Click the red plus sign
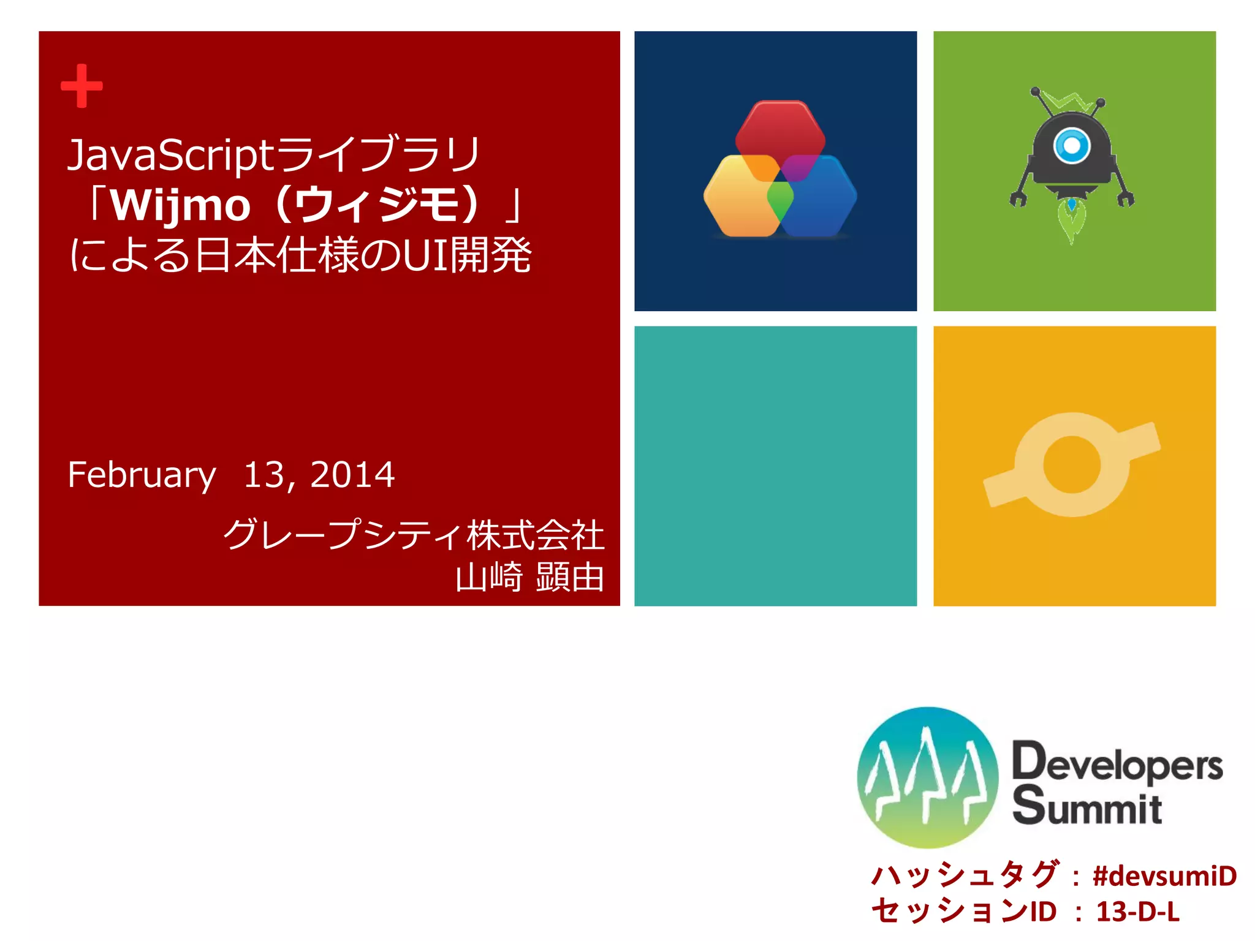click(x=82, y=86)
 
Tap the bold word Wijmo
click(x=181, y=205)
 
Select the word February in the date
click(x=142, y=475)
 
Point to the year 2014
click(x=352, y=475)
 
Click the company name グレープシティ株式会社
click(x=414, y=534)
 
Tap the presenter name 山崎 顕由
click(x=529, y=577)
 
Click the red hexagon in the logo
click(x=780, y=129)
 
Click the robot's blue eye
click(x=1072, y=146)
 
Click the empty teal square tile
click(x=775, y=466)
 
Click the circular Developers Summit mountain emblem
click(x=927, y=777)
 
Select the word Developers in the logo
click(x=1117, y=763)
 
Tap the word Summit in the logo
click(x=1086, y=806)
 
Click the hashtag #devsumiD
click(x=1164, y=876)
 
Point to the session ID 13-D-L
click(x=1137, y=912)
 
